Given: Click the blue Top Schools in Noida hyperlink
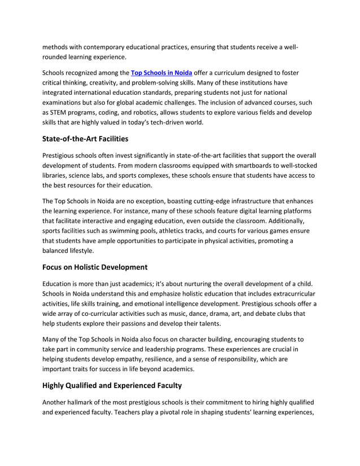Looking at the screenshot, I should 162,73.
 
